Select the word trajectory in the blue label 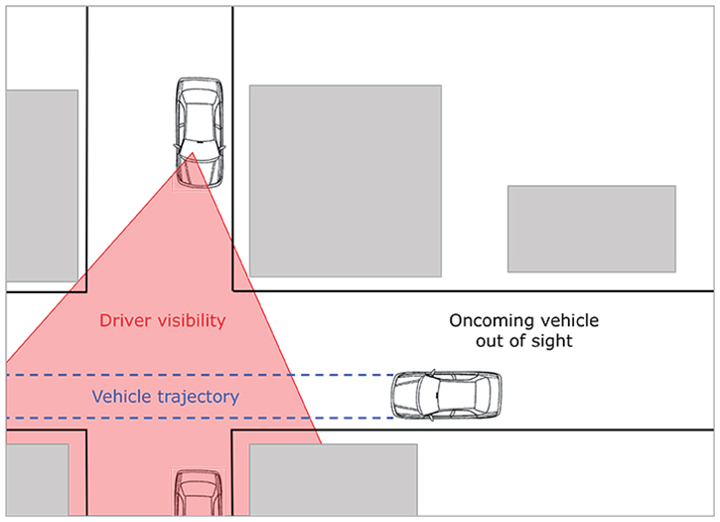196,397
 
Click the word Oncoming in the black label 490,321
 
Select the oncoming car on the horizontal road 446,396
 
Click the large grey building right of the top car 345,180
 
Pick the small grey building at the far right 591,229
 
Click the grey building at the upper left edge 41,185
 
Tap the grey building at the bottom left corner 37,479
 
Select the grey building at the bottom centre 333,479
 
